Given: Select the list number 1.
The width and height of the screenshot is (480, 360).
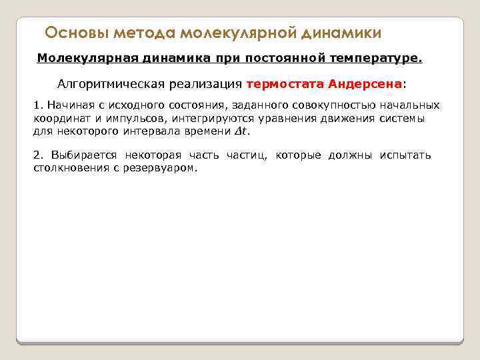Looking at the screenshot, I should [x=37, y=107].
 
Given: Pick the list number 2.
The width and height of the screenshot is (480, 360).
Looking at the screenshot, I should [x=37, y=155].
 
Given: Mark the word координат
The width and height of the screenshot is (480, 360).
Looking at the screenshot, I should [x=60, y=119].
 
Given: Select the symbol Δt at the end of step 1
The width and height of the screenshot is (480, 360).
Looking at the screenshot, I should [x=243, y=131].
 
